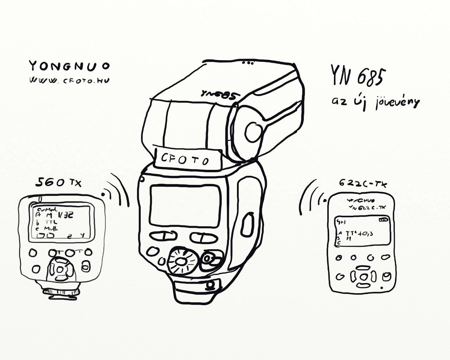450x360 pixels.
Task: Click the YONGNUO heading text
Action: coord(69,66)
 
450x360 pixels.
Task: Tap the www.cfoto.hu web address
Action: coord(69,80)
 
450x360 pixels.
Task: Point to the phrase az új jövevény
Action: coord(375,102)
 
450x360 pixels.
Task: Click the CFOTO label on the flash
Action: coord(185,159)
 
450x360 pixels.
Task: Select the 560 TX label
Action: coord(58,182)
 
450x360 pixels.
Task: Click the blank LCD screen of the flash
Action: coord(185,206)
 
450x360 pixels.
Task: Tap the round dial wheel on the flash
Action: coord(181,262)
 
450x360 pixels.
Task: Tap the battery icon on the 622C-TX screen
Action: coord(384,220)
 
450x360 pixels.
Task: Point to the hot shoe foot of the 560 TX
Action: coord(61,291)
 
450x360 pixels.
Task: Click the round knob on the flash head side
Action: coord(252,132)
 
